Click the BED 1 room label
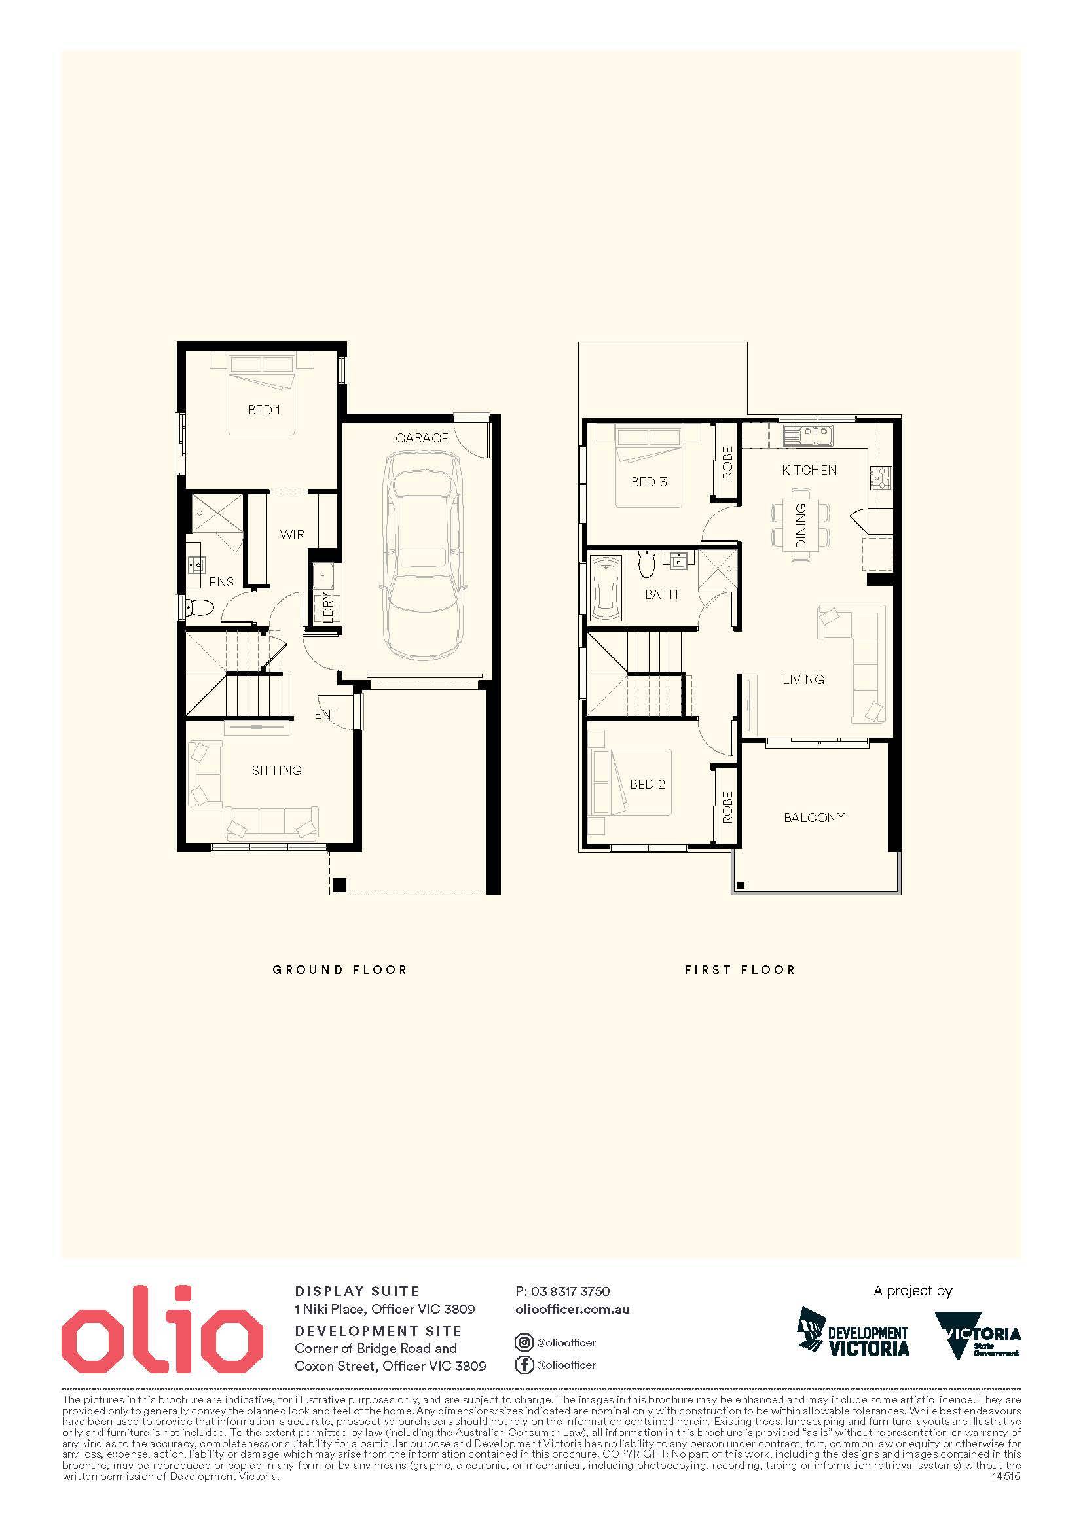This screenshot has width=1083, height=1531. [264, 410]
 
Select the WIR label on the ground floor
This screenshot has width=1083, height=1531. [292, 535]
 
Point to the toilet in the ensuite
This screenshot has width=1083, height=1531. [199, 607]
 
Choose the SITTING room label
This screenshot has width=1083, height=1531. [277, 771]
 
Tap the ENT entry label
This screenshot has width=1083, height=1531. [326, 714]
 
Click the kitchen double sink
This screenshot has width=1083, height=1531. [807, 436]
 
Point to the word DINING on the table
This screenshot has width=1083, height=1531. [801, 526]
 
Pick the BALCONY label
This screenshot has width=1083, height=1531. [815, 818]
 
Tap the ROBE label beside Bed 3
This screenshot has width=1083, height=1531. [727, 463]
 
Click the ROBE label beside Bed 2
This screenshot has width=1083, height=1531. [727, 807]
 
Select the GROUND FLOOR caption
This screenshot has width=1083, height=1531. [339, 969]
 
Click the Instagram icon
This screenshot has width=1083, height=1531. [524, 1342]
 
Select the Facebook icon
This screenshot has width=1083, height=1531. [524, 1364]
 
